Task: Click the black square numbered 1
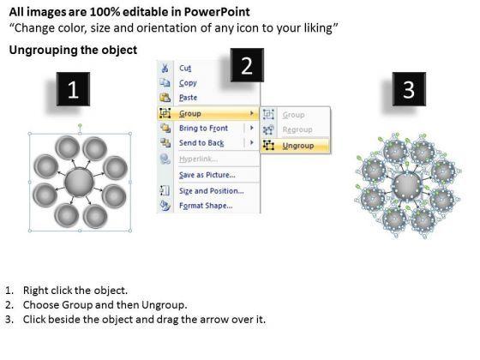73,89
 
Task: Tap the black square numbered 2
247,65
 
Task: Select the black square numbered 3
409,89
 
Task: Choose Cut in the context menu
185,68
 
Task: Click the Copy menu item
188,83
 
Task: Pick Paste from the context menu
188,98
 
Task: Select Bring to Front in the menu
204,128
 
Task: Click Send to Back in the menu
201,143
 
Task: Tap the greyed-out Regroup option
297,129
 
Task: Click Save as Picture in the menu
207,175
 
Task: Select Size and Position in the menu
212,191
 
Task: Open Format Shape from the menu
206,206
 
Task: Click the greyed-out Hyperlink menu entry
198,159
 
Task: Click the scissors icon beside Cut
165,68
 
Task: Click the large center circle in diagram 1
79,183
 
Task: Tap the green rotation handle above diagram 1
80,125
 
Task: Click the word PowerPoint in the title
217,12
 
